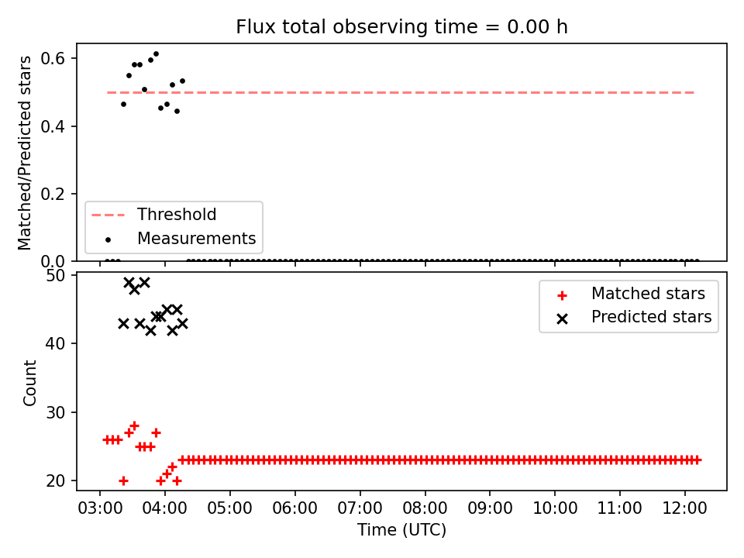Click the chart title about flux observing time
point(401,26)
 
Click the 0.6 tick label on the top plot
point(53,58)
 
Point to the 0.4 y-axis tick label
point(53,126)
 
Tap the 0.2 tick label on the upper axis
point(53,194)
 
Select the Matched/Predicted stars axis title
point(24,153)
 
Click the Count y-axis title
point(29,383)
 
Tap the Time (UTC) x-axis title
point(402,529)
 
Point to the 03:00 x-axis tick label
point(100,508)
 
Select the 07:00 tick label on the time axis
point(360,508)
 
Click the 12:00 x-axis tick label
point(684,508)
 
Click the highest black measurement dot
point(156,54)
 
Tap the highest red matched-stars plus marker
point(134,425)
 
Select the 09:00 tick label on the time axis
point(490,508)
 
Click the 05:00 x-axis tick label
point(229,508)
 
